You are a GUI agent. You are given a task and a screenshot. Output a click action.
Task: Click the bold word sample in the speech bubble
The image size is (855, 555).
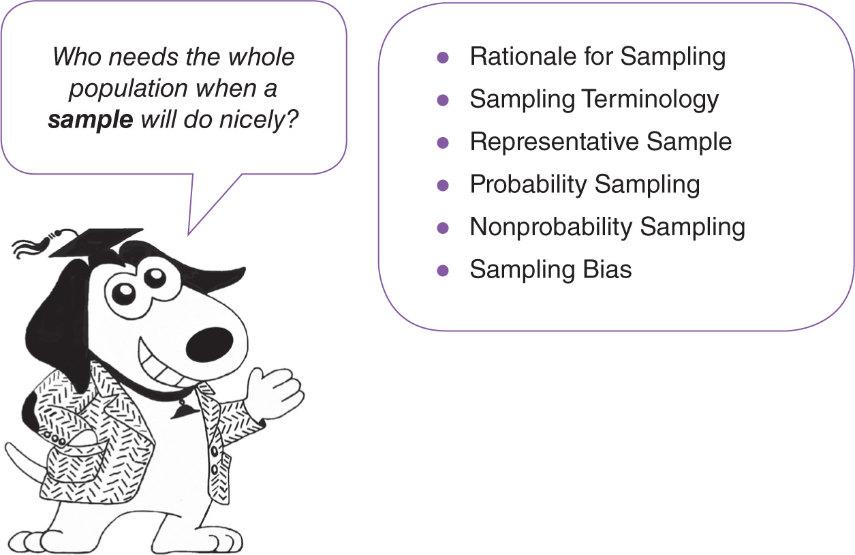91,121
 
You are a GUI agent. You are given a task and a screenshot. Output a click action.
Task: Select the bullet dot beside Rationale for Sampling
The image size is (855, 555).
443,57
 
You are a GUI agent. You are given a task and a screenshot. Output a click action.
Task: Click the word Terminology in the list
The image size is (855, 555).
650,100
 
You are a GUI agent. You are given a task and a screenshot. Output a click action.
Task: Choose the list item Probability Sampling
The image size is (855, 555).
585,184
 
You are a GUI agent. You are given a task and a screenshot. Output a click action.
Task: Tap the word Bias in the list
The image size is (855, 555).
607,269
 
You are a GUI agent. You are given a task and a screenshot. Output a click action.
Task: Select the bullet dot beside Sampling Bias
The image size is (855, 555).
443,270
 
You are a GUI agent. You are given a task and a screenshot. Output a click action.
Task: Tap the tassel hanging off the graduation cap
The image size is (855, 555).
31,245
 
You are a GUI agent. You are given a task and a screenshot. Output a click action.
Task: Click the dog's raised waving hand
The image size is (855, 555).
276,392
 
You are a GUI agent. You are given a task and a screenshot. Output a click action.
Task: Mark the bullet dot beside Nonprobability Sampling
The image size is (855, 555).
443,227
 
